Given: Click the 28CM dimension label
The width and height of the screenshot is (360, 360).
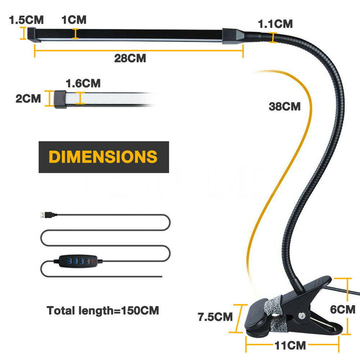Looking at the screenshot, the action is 130,58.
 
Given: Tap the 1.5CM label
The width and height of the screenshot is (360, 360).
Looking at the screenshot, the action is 26,20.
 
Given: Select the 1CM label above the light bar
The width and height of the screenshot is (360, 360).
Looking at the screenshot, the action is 74,20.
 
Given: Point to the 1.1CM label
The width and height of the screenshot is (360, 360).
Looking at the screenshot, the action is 275,24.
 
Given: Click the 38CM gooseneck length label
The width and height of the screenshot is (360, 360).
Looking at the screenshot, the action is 284,107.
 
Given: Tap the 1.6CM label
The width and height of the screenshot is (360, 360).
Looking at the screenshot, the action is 83,84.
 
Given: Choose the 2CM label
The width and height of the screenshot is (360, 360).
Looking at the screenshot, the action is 28,99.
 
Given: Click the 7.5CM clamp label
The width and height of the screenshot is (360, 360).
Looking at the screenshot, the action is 215,317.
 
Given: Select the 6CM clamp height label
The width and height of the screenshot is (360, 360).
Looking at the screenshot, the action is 343,310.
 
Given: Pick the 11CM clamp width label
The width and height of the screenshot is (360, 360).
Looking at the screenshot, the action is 290,346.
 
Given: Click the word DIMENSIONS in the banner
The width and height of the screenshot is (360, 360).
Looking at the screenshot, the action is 103,157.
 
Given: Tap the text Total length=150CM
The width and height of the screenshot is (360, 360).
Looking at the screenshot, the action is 103,311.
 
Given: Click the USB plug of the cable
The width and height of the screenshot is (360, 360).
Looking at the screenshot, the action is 48,215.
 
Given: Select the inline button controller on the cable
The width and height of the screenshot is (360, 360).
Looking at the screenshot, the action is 78,261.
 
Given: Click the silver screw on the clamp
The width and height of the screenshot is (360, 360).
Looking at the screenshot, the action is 301,316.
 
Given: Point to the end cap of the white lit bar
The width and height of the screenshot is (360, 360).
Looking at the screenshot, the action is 60,99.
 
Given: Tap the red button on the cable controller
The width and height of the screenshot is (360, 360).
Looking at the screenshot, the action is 93,261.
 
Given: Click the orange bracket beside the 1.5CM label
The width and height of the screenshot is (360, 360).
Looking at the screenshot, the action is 23,33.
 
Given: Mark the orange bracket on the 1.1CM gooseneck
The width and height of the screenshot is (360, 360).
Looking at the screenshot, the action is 273,38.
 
